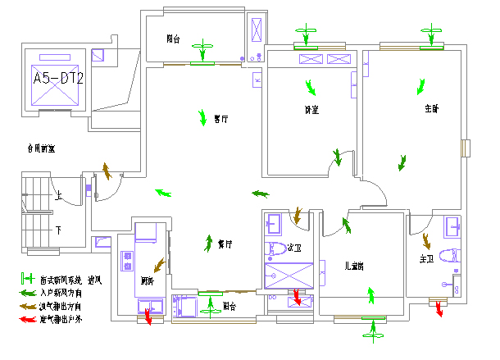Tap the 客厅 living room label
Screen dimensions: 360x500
pos(220,119)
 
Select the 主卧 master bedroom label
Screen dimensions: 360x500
pos(432,108)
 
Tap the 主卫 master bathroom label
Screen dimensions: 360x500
pos(426,260)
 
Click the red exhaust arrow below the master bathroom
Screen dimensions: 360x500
pos(439,308)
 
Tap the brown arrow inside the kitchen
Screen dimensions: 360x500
pos(157,265)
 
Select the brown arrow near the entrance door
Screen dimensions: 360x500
pos(107,171)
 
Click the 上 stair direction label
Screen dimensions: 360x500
pos(58,197)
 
